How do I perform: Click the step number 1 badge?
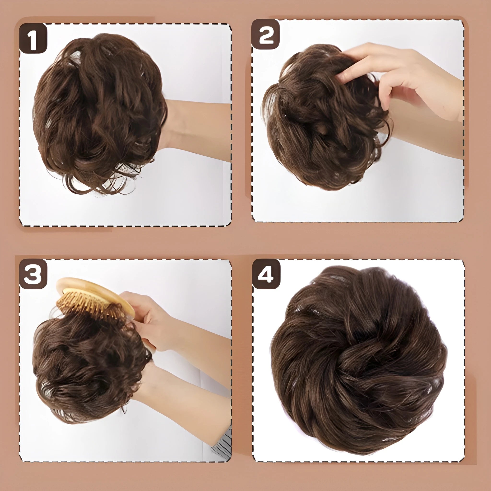(x=33, y=38)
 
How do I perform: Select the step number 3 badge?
(x=33, y=275)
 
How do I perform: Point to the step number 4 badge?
(x=266, y=274)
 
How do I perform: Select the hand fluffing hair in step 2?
(x=397, y=74)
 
